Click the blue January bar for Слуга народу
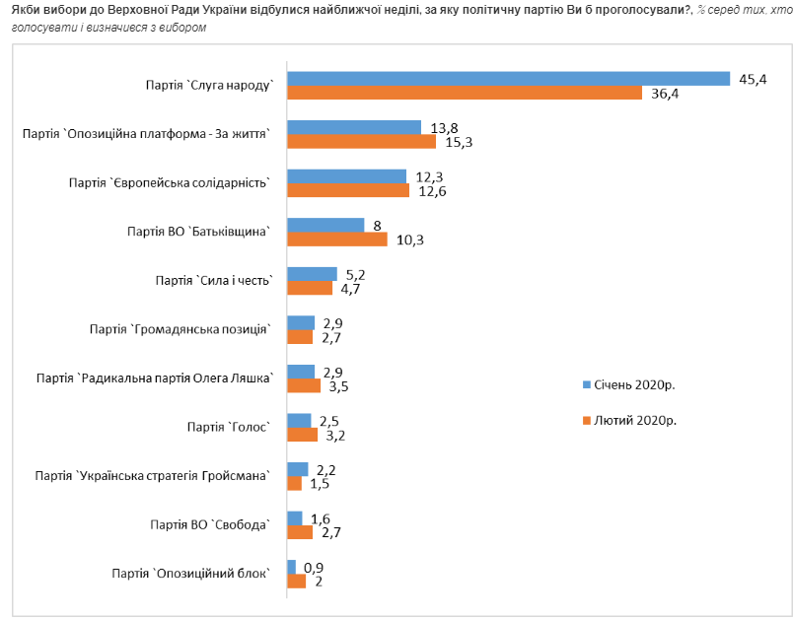tap(508, 78)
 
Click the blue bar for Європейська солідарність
tap(346, 175)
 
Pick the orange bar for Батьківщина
tap(336, 240)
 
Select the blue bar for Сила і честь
tap(312, 273)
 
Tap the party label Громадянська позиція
tap(180, 329)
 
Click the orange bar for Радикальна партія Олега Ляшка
tap(297, 386)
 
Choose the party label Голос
tap(228, 427)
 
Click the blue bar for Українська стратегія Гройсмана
tap(297, 468)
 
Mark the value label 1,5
tap(319, 484)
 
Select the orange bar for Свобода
tap(299, 532)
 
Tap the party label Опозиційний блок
tap(191, 573)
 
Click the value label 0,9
tap(315, 567)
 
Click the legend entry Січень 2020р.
tap(630, 383)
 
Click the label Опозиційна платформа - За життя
tap(146, 134)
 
